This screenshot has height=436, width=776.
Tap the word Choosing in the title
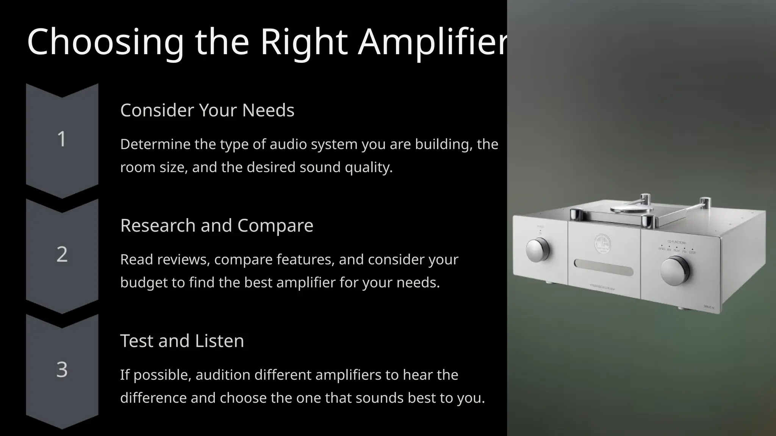105,42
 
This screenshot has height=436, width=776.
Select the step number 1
62,139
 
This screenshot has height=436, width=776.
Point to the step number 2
62,254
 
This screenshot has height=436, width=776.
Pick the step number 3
62,369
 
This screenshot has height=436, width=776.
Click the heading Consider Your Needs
207,110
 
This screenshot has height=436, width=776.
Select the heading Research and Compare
217,226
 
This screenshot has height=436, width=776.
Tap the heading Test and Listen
182,341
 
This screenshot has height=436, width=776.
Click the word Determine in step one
155,144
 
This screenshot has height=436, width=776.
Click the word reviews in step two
180,260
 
